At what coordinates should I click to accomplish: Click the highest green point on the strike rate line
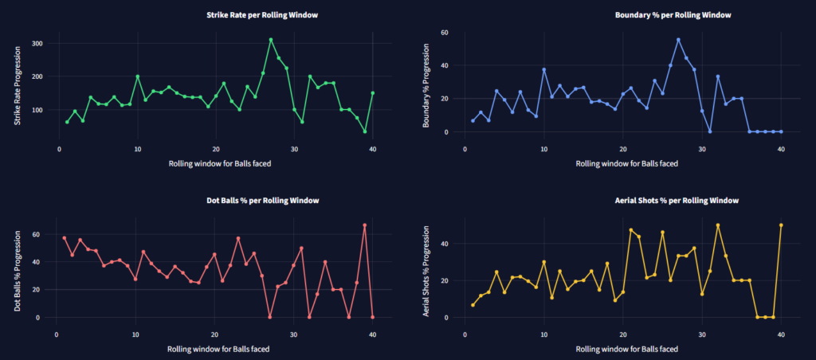tap(271, 40)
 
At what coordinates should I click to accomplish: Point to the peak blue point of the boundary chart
tap(678, 40)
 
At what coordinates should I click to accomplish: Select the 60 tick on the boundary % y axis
tap(445, 33)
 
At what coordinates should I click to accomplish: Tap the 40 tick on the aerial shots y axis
tap(445, 244)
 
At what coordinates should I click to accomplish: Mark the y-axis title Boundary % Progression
tap(426, 83)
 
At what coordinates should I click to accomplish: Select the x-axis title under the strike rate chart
tap(216, 163)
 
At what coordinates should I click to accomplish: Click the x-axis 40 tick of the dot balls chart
tap(372, 334)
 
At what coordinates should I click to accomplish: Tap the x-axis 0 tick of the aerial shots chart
tap(465, 334)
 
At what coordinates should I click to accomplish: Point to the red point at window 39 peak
tap(364, 225)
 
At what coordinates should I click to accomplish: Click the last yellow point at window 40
tap(780, 225)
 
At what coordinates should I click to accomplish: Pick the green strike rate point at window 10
tap(137, 76)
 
